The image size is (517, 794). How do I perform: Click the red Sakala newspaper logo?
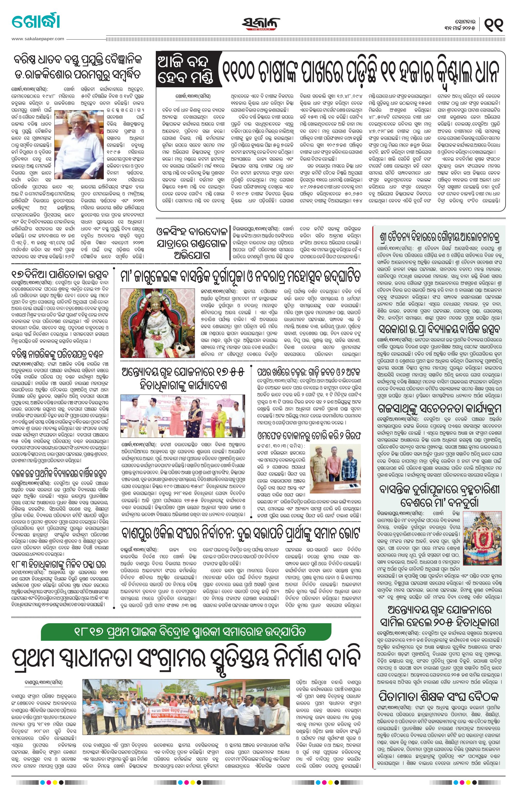click(x=261, y=24)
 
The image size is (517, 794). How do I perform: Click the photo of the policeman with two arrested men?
click(x=335, y=466)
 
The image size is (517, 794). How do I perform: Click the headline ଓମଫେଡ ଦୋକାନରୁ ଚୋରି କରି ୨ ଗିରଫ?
click(x=309, y=435)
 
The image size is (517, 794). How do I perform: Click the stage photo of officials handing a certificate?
click(x=183, y=416)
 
